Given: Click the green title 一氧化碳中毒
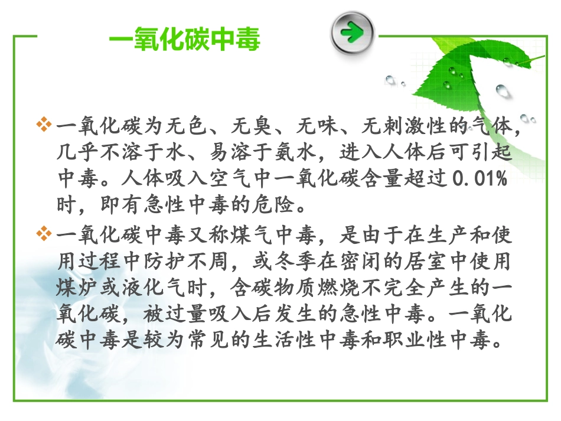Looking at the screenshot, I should [x=185, y=42].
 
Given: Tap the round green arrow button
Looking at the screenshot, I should [x=353, y=32].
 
